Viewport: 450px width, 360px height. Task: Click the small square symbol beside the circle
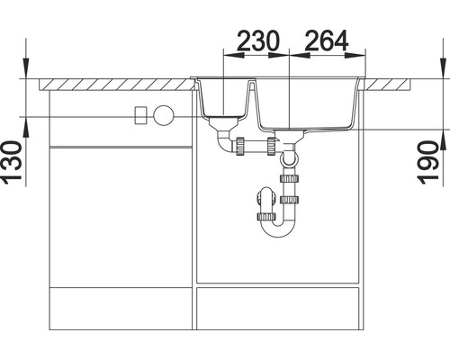click(140, 115)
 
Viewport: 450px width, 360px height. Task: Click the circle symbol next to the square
click(164, 115)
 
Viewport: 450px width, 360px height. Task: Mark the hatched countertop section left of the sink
click(117, 84)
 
